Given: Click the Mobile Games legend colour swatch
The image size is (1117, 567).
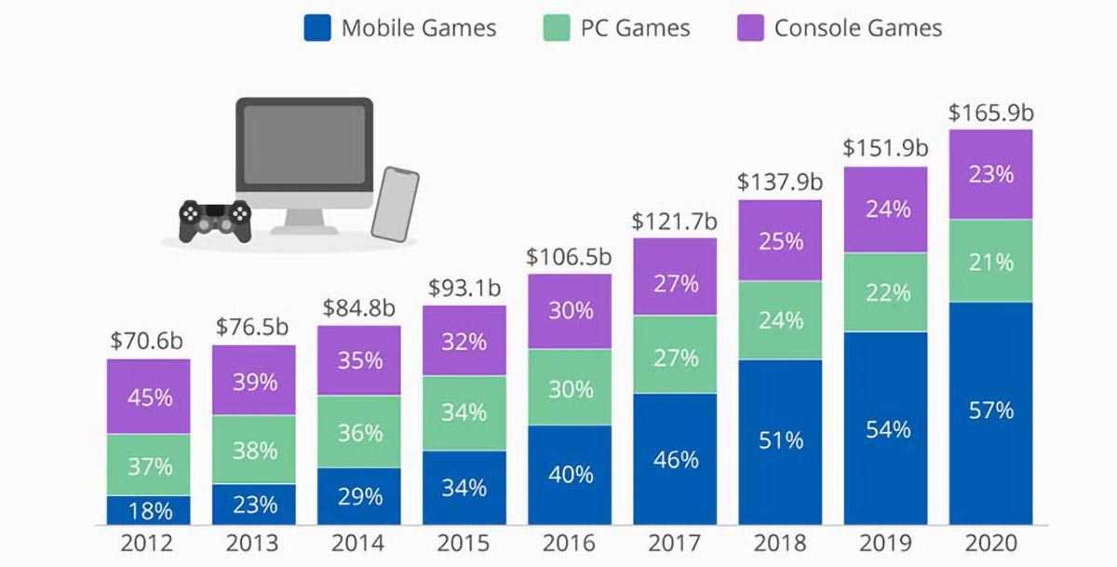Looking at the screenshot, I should [317, 27].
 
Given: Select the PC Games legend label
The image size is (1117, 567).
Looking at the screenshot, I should [635, 28].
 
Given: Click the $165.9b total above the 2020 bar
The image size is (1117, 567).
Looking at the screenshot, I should [990, 114].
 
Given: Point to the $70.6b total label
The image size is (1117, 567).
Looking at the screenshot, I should [148, 341].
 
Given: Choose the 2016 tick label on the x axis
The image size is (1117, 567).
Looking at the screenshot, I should [570, 544].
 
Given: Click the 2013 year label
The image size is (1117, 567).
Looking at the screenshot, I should [254, 544].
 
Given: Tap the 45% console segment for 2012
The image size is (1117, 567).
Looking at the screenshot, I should [149, 397].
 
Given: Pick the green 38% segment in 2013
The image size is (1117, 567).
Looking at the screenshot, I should [254, 450].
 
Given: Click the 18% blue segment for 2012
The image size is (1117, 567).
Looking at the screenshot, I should [149, 510].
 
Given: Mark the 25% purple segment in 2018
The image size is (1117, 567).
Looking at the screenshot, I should [780, 240].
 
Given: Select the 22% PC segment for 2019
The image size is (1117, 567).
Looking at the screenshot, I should [886, 291].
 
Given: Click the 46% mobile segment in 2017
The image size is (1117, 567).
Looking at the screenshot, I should [675, 459].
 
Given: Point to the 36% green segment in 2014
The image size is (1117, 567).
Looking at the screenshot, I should [359, 433].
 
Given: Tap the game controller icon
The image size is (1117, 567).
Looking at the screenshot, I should [215, 221].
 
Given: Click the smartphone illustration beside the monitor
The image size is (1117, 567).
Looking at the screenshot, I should [395, 204].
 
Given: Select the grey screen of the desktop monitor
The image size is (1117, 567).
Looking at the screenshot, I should [304, 144].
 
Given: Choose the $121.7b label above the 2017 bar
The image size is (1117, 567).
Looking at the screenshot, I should [675, 222].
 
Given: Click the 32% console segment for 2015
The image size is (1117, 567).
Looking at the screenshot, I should [464, 341].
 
